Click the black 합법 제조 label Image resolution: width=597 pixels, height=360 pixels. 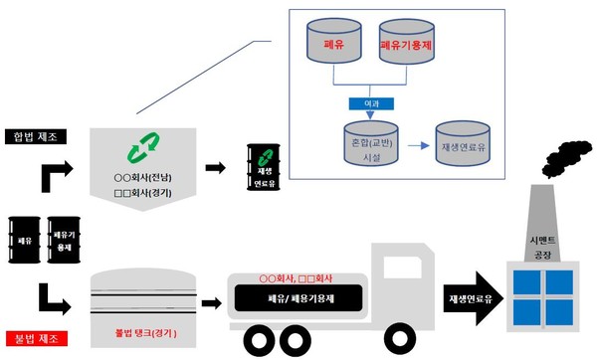35,137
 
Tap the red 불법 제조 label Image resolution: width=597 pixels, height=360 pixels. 35,337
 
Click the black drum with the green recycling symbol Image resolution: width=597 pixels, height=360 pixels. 262,165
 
